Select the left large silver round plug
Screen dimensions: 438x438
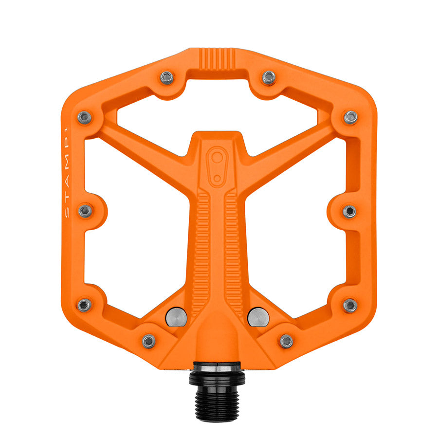pyautogui.click(x=177, y=317)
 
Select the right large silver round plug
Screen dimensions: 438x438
pyautogui.click(x=258, y=317)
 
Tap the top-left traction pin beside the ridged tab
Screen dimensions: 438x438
pyautogui.click(x=167, y=77)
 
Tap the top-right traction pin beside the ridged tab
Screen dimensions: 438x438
pyautogui.click(x=269, y=77)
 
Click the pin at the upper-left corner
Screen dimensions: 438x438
pyautogui.click(x=85, y=117)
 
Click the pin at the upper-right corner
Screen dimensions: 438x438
pyautogui.click(x=350, y=117)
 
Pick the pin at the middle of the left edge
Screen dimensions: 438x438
pyautogui.click(x=85, y=211)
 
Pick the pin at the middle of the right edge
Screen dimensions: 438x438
pyautogui.click(x=349, y=211)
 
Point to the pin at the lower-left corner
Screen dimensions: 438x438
pyautogui.click(x=85, y=305)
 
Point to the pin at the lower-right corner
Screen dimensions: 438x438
pyautogui.click(x=350, y=305)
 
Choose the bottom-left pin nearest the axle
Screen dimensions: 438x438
pyautogui.click(x=149, y=341)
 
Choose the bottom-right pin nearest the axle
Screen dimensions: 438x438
pyautogui.click(x=286, y=341)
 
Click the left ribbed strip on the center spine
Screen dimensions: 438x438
pyautogui.click(x=202, y=253)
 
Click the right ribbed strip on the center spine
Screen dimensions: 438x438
pyautogui.click(x=233, y=253)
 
